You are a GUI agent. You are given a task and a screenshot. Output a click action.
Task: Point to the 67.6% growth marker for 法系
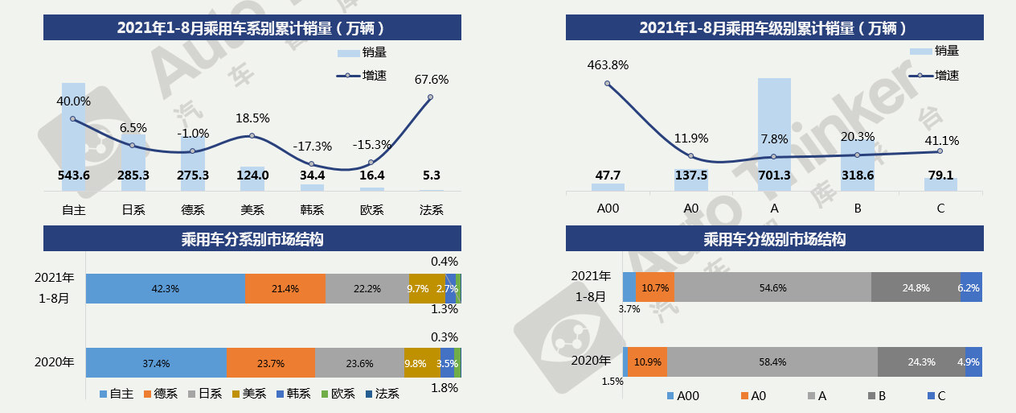[x=430, y=97]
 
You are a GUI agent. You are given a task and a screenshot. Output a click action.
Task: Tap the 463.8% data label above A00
[x=608, y=64]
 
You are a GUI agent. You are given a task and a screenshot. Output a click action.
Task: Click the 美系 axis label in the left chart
[x=252, y=210]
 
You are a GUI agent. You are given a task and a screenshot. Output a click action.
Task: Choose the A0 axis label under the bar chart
[x=690, y=209]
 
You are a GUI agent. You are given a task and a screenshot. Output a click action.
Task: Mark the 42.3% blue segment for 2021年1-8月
[x=165, y=288]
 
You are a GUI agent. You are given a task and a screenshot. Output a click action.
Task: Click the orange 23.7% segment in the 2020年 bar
[x=270, y=363]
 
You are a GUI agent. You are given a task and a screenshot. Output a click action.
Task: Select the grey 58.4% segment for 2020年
[x=772, y=362]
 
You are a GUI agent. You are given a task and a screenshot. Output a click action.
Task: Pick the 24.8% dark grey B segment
[x=916, y=287]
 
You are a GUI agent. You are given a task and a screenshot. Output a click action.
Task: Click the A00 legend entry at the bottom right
[x=682, y=395]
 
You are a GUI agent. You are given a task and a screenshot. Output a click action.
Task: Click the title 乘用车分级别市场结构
[x=774, y=239]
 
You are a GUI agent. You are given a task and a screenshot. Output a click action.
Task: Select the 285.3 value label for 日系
[x=133, y=176]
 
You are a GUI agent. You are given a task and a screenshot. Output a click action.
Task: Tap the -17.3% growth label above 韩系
[x=312, y=147]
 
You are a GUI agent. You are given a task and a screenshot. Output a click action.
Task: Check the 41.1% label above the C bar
[x=940, y=140]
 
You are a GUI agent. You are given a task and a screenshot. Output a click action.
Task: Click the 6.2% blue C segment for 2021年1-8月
[x=971, y=287]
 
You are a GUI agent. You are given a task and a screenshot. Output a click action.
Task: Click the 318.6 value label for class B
[x=857, y=176]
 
